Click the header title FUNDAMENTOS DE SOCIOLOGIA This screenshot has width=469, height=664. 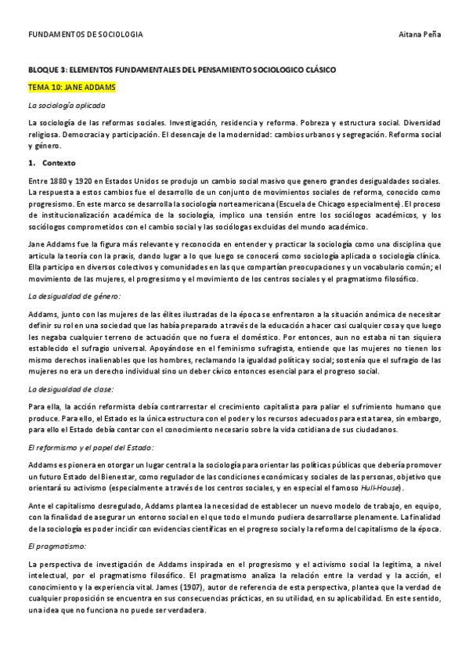(x=85, y=35)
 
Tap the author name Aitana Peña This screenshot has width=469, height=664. (x=420, y=35)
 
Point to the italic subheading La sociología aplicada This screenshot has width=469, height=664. (x=66, y=104)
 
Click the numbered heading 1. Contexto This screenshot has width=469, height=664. (x=51, y=162)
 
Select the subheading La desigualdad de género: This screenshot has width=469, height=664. (x=73, y=296)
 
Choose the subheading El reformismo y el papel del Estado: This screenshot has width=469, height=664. (x=90, y=446)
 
